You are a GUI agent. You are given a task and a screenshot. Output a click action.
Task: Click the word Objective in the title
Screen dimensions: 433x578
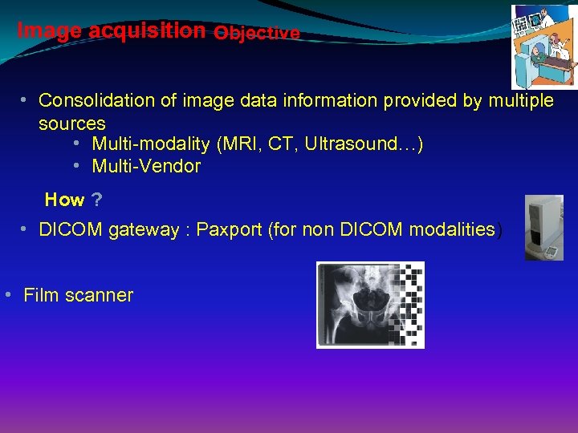point(257,33)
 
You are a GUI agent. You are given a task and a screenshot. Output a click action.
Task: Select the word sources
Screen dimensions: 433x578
point(72,123)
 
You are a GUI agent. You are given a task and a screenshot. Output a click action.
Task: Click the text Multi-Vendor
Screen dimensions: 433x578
point(146,167)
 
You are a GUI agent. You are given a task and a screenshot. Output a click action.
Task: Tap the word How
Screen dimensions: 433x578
point(64,200)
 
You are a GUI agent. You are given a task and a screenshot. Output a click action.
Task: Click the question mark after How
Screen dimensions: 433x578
point(97,200)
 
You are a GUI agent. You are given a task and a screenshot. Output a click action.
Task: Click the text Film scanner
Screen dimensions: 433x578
point(79,295)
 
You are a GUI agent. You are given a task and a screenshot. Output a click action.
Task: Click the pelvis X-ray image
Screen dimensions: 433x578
point(370,305)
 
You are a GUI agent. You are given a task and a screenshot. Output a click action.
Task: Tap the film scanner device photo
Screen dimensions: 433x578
point(544,228)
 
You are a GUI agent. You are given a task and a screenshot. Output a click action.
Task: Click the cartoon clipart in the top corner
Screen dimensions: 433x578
point(543,47)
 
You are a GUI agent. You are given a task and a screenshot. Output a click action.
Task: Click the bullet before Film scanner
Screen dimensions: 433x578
point(7,293)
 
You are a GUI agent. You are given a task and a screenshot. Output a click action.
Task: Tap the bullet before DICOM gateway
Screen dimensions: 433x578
point(25,229)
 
